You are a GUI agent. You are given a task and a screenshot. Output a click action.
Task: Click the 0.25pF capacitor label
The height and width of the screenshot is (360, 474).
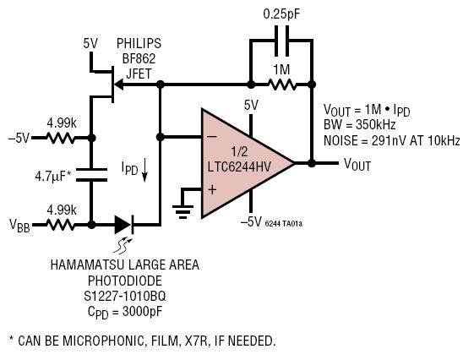pyautogui.click(x=281, y=14)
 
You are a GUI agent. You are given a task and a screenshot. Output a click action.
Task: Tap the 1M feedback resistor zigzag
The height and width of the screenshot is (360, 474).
pyautogui.click(x=282, y=85)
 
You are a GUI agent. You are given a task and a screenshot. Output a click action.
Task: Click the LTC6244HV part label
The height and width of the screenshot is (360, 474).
pyautogui.click(x=239, y=166)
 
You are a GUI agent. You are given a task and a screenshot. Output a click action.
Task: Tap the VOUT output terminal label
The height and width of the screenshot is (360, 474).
pyautogui.click(x=357, y=165)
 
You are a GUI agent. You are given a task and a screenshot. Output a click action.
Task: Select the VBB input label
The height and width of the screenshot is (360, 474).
pyautogui.click(x=19, y=226)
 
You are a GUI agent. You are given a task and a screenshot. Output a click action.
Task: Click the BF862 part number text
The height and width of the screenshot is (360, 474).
pyautogui.click(x=139, y=58)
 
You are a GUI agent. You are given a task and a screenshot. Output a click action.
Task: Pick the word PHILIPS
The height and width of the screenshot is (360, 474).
pyautogui.click(x=139, y=43)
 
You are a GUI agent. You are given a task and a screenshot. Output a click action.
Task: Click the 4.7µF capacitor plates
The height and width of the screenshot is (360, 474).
pyautogui.click(x=91, y=175)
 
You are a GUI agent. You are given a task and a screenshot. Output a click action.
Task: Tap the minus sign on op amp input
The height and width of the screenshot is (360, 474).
pyautogui.click(x=212, y=137)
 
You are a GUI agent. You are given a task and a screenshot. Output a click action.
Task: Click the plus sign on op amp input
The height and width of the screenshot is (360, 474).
pyautogui.click(x=213, y=190)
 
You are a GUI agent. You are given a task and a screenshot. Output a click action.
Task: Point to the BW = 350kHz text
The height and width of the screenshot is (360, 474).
pyautogui.click(x=360, y=124)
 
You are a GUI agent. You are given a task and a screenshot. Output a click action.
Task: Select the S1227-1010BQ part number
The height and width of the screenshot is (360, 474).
pyautogui.click(x=125, y=296)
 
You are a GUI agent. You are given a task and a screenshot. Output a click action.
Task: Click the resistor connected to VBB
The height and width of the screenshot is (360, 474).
pyautogui.click(x=61, y=225)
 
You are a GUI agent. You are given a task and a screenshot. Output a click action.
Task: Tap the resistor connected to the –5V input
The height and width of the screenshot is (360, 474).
pyautogui.click(x=61, y=138)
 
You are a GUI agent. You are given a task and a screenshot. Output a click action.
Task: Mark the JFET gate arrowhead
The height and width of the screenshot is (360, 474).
pyautogui.click(x=118, y=85)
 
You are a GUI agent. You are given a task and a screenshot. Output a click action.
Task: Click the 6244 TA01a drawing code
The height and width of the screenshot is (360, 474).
pyautogui.click(x=284, y=224)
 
